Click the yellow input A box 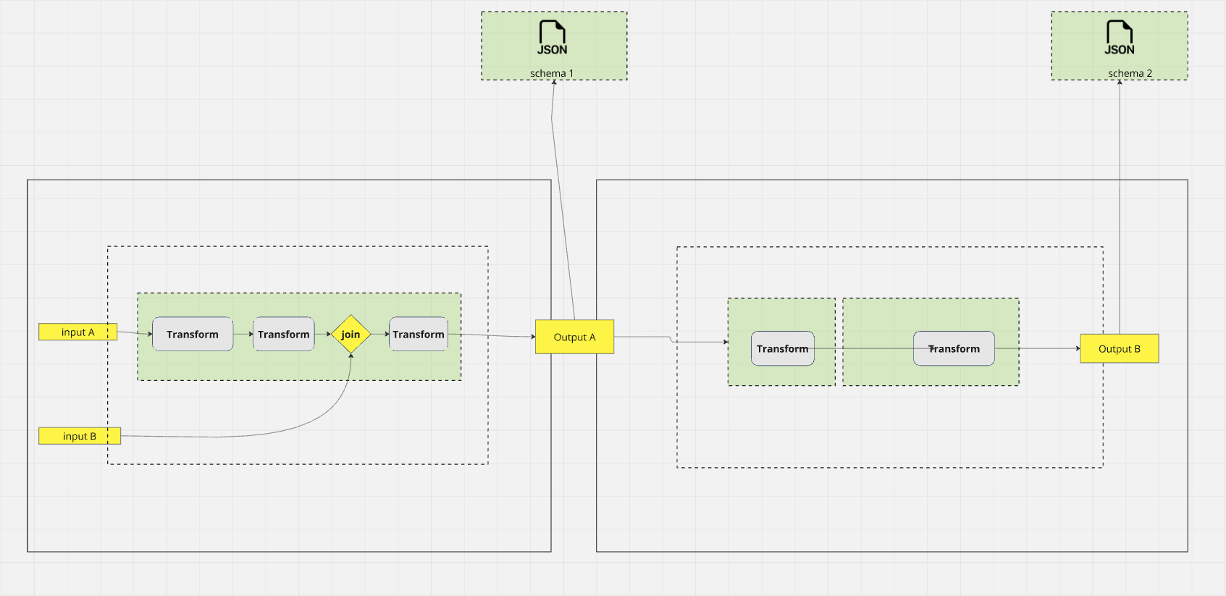(x=77, y=332)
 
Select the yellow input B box (x=79, y=436)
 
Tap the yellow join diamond (x=350, y=335)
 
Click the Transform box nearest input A (x=193, y=335)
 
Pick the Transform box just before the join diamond (x=283, y=335)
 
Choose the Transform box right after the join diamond (x=419, y=335)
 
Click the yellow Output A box (x=574, y=337)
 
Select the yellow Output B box (x=1119, y=348)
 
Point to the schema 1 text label (x=551, y=73)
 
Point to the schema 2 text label (x=1130, y=73)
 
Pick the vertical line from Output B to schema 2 (x=1120, y=217)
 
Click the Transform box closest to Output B (x=954, y=349)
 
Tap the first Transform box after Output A (x=782, y=349)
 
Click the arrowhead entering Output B (x=1078, y=348)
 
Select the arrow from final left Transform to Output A (x=492, y=335)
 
